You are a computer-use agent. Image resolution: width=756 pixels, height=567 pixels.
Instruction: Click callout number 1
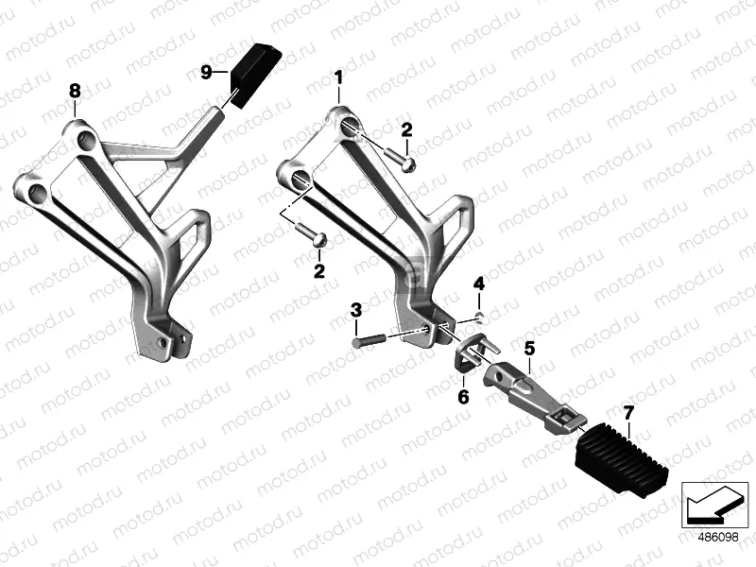[338, 76]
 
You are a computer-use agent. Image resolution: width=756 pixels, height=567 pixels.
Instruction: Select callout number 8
[75, 90]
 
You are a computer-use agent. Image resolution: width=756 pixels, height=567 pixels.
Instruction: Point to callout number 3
[355, 310]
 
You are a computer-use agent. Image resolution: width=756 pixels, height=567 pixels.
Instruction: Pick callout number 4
[479, 283]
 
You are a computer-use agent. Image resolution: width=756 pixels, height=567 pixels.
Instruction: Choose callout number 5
[529, 349]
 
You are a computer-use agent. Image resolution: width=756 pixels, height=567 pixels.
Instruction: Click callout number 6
[463, 397]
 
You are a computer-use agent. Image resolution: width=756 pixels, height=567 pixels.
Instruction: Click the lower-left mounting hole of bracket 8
[38, 195]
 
